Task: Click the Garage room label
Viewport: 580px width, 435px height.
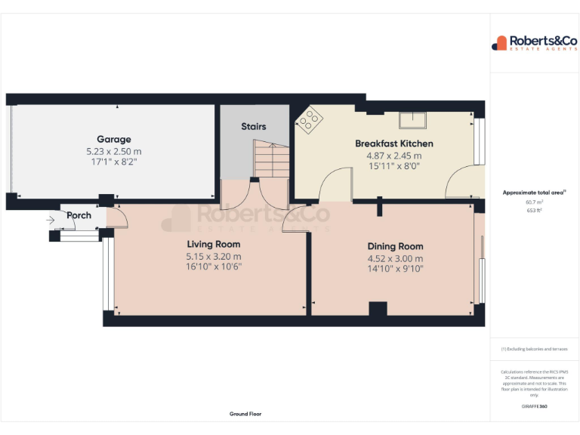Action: tap(113, 139)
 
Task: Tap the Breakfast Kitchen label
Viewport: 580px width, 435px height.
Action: tap(394, 143)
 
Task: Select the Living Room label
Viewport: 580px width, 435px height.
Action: tap(214, 244)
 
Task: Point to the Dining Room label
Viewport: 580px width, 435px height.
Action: tap(395, 246)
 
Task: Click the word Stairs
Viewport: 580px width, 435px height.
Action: tap(254, 127)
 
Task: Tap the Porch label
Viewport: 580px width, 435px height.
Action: tap(79, 215)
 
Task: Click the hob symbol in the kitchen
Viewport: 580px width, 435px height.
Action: tap(310, 120)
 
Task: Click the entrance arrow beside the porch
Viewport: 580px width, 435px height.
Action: tap(51, 221)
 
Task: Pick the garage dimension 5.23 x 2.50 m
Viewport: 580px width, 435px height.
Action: tap(113, 151)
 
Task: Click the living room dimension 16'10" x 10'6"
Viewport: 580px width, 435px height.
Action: tap(214, 267)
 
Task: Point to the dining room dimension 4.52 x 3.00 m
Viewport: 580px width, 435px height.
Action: tap(395, 258)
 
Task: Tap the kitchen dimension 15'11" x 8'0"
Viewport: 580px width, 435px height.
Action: tap(394, 166)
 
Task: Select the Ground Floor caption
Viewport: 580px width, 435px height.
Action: tap(245, 414)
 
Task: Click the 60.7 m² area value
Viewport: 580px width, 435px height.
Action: tap(534, 202)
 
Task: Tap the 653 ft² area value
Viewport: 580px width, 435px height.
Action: tap(534, 210)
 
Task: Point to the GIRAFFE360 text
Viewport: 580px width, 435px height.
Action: tap(534, 406)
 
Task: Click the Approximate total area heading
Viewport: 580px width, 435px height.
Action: tap(533, 193)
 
